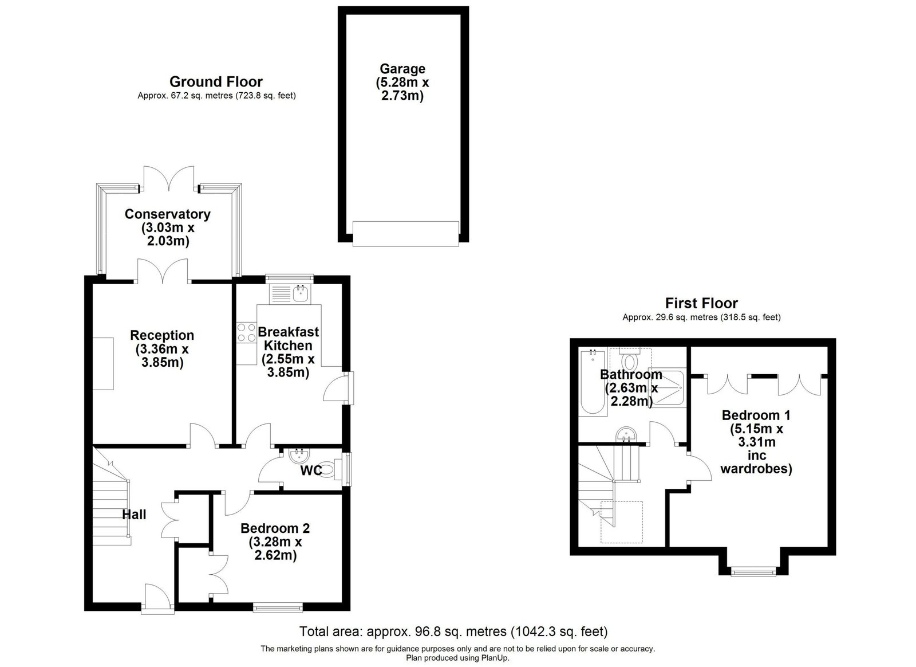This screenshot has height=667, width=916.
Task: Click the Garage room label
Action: [402, 69]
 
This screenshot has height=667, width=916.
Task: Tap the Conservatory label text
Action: [167, 214]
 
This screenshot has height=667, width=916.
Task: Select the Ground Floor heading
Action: [216, 82]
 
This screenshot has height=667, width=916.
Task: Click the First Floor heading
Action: [701, 303]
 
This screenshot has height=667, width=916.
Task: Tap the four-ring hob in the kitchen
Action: [247, 332]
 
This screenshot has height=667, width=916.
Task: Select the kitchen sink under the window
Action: [290, 294]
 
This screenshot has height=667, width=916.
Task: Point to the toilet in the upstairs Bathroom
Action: [629, 360]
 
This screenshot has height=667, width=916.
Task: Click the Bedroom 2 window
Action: [278, 607]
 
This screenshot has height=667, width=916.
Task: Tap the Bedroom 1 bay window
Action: [753, 572]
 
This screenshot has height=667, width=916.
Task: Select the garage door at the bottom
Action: [406, 234]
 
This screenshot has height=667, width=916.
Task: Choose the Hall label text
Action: [134, 515]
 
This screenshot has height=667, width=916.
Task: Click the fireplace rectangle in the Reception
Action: [103, 364]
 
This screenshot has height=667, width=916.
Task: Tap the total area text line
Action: [453, 631]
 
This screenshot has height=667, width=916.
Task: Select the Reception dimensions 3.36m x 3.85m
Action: [162, 356]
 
